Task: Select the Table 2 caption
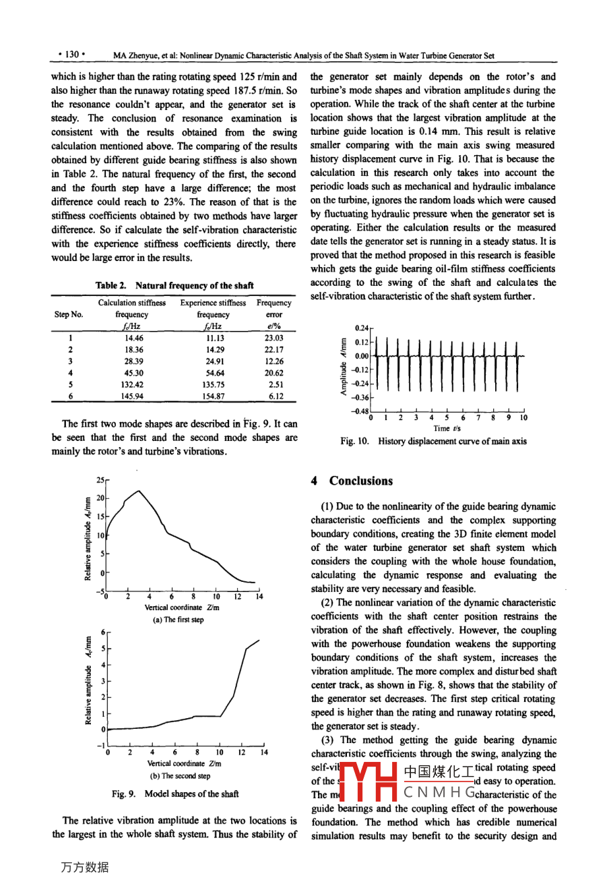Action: tap(174, 285)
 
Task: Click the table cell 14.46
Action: tap(132, 338)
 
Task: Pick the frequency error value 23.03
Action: tap(274, 338)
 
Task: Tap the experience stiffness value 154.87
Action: tap(213, 396)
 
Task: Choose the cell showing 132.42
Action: tap(132, 385)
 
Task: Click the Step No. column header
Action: tap(69, 314)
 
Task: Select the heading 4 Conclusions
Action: tap(352, 481)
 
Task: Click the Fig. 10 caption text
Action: tap(433, 442)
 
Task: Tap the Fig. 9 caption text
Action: tap(175, 794)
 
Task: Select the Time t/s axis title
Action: tap(447, 428)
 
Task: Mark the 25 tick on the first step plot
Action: tap(100, 480)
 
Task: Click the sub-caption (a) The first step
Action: tap(175, 620)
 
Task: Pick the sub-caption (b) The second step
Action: tap(175, 776)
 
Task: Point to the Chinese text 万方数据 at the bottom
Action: tap(85, 867)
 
